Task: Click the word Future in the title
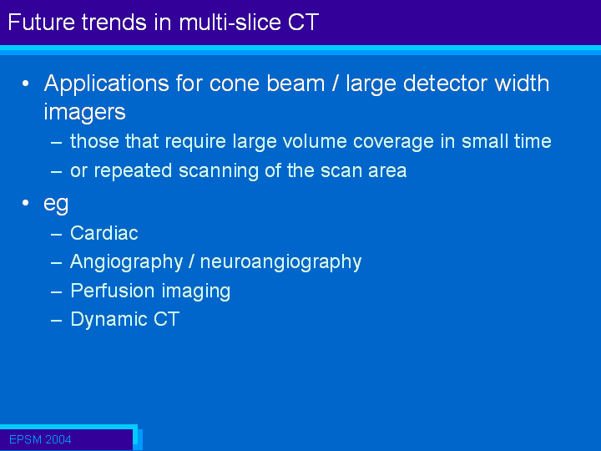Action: tap(42, 23)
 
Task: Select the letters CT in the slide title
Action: tap(303, 23)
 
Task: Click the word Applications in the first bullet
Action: tap(107, 84)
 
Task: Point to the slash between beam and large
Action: tap(335, 84)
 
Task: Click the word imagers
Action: tap(84, 113)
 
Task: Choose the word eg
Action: tap(56, 205)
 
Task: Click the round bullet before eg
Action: tap(26, 202)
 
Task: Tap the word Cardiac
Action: tap(104, 233)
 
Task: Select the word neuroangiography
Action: tap(280, 263)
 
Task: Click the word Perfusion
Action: tap(113, 291)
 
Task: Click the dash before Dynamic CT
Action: tap(57, 320)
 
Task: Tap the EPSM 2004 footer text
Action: tap(40, 439)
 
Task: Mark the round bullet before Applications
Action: tap(26, 84)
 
